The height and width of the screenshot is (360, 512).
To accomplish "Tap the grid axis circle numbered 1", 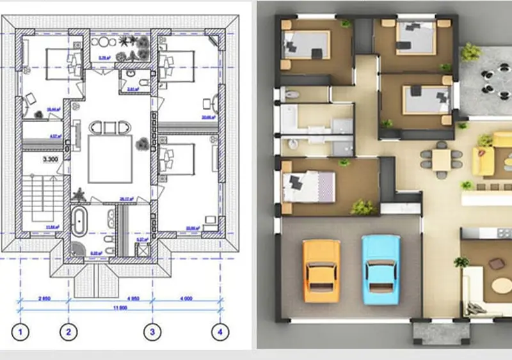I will pyautogui.click(x=22, y=331).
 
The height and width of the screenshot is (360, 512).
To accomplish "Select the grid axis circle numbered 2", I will pyautogui.click(x=68, y=331).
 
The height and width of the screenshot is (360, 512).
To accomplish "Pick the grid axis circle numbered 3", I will pyautogui.click(x=152, y=331).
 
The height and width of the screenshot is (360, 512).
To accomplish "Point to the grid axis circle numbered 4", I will pyautogui.click(x=220, y=331).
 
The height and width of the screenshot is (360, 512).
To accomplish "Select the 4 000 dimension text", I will pyautogui.click(x=186, y=298).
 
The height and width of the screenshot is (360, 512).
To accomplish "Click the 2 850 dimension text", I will pyautogui.click(x=45, y=298).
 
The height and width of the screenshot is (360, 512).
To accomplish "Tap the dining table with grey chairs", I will pyautogui.click(x=442, y=159).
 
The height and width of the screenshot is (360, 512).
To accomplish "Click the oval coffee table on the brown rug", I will pyautogui.click(x=497, y=264).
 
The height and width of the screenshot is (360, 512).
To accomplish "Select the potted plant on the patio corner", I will pyautogui.click(x=470, y=51).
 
